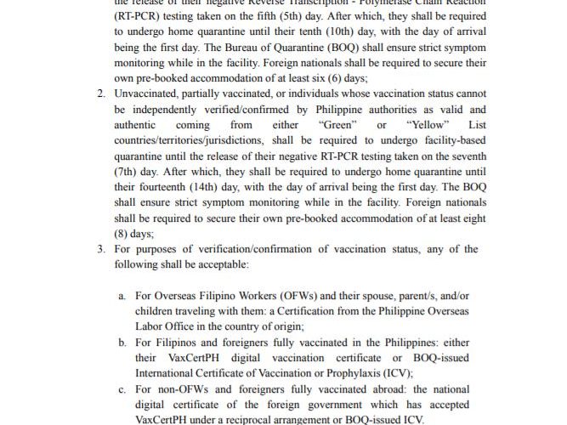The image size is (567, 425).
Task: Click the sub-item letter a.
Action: (122, 295)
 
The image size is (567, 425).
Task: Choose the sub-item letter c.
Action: (122, 388)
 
